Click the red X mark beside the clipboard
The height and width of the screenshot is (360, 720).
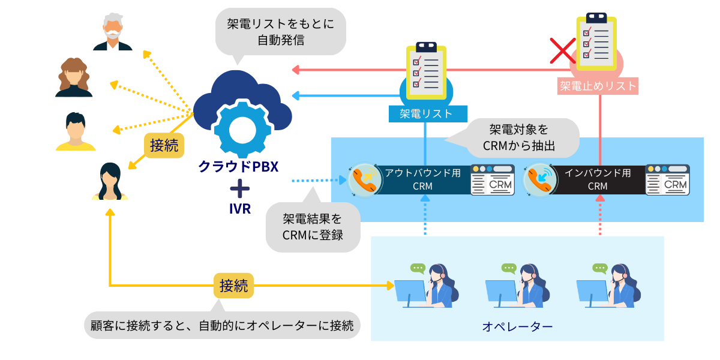(x=563, y=50)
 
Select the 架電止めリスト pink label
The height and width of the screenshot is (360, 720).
(x=598, y=86)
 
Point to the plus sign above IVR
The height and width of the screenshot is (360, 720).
(x=239, y=189)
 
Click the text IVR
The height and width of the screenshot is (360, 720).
(x=239, y=209)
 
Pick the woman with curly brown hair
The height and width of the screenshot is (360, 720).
(x=74, y=77)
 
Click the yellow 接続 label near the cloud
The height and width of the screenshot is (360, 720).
(x=164, y=145)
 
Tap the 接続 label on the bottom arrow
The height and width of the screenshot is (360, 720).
(x=233, y=285)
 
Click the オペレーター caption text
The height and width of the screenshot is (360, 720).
(x=517, y=326)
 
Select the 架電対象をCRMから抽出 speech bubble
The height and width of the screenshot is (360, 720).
(x=519, y=137)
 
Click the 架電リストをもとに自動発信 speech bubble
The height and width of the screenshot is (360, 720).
(x=280, y=32)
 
